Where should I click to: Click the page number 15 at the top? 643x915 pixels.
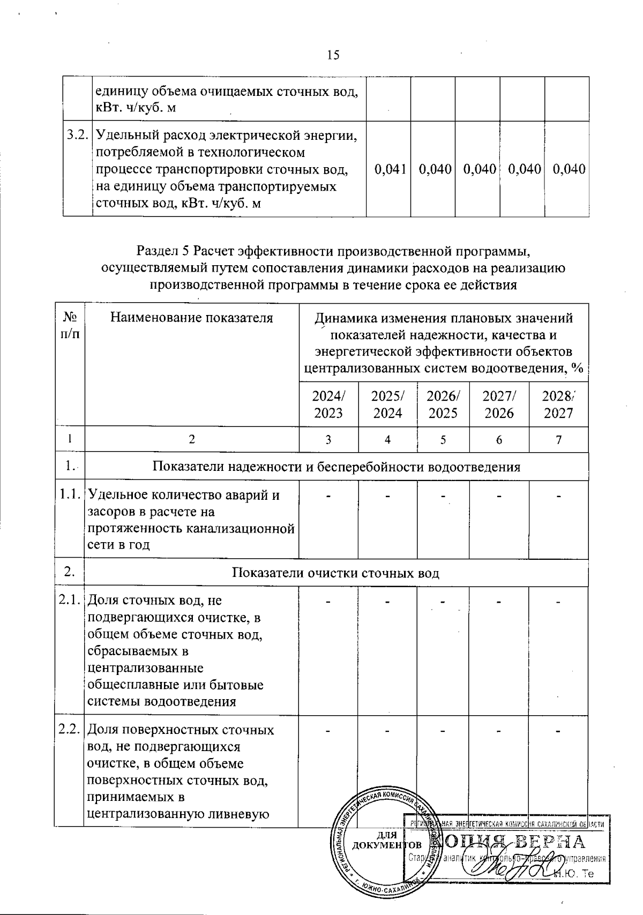[333, 55]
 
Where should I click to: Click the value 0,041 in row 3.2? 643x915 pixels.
[388, 169]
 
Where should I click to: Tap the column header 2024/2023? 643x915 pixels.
[328, 404]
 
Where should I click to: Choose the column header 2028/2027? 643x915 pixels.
[558, 404]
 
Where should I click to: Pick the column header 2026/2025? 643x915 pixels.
[443, 404]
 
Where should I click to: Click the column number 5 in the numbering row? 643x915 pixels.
[443, 440]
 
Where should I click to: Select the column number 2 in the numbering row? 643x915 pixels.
[191, 440]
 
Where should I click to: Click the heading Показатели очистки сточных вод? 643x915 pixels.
[336, 573]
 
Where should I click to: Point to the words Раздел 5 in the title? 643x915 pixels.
[163, 250]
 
